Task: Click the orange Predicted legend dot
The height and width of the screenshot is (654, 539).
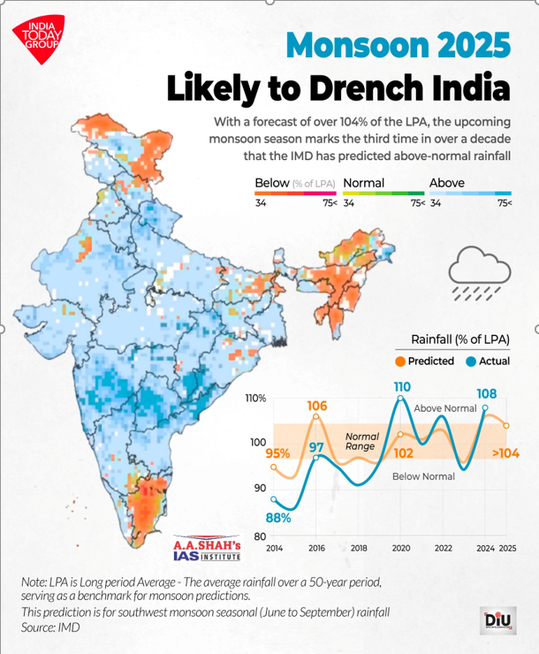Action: [400, 361]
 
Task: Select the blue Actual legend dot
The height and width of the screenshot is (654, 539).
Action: [471, 361]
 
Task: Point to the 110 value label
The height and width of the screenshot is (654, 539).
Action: [402, 387]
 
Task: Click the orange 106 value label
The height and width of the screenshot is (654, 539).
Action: [317, 407]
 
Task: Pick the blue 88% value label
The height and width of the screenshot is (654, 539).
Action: [279, 517]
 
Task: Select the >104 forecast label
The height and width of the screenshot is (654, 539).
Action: [505, 454]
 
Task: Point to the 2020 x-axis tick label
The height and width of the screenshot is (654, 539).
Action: [402, 549]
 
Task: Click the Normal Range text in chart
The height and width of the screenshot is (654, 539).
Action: [361, 442]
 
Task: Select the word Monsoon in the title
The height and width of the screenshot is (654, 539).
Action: [354, 45]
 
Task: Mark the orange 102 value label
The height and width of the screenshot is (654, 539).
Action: [403, 452]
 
